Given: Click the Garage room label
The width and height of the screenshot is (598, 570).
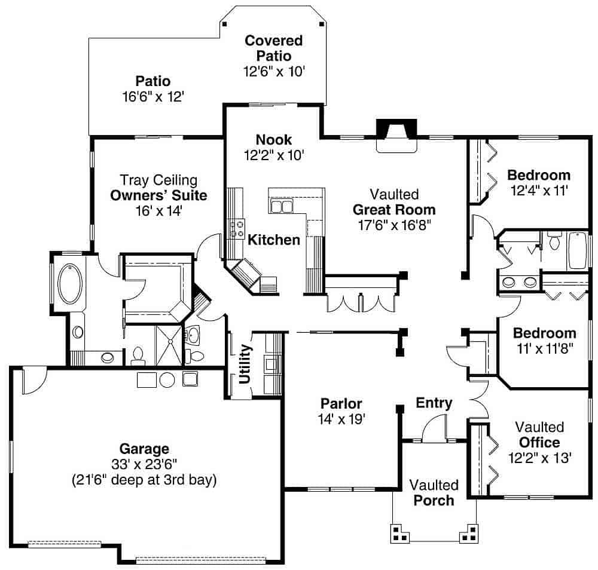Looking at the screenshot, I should [x=144, y=448].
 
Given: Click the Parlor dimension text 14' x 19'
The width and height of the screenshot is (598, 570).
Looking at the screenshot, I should [x=341, y=419].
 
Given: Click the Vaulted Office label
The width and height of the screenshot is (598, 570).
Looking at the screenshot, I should [x=539, y=443].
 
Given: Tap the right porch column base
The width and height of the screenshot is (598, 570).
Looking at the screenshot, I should [x=468, y=533].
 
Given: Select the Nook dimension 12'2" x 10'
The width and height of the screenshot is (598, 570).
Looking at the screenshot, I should [x=274, y=155].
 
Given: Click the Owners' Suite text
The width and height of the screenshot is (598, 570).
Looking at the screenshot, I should [x=158, y=195].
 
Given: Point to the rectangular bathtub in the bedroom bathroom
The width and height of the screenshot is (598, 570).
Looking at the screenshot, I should [x=578, y=250].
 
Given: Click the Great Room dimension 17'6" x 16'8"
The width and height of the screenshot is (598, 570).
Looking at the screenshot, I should [x=393, y=225].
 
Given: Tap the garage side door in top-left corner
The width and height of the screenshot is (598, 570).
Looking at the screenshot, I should [x=33, y=380].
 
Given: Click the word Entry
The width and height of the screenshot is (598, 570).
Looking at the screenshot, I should [x=434, y=403].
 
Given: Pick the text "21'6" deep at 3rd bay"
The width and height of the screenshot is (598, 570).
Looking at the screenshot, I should [x=144, y=479].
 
